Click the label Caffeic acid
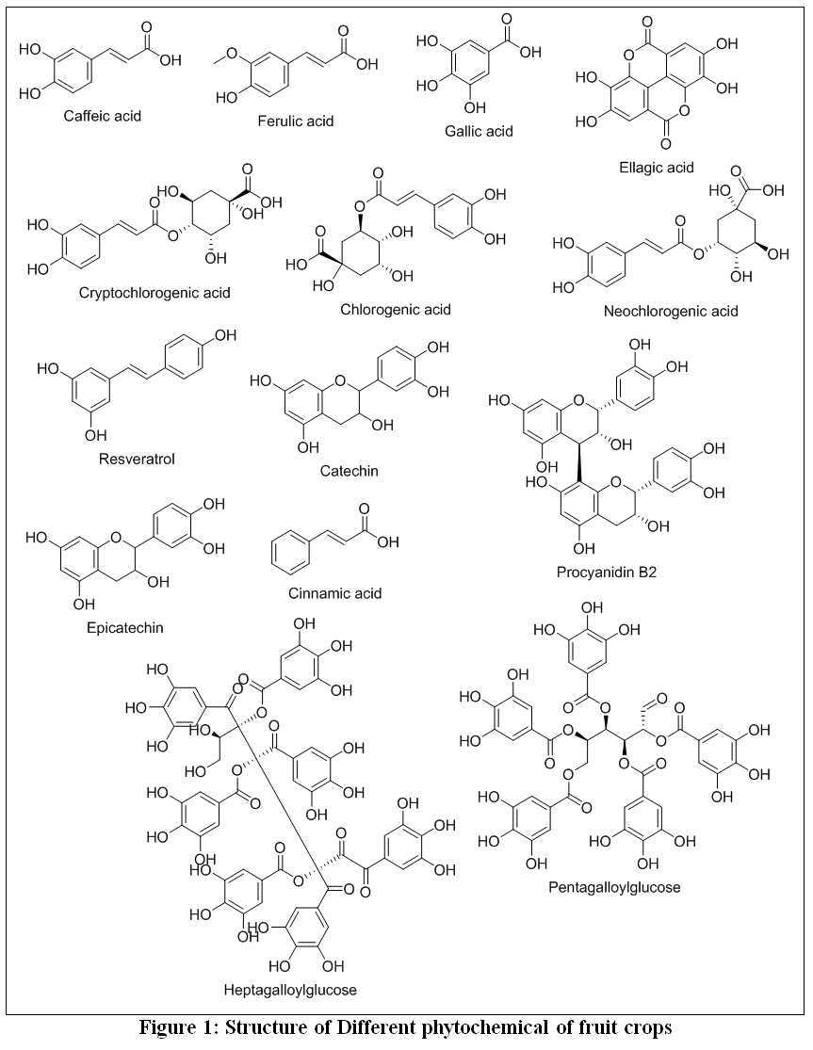coord(103,116)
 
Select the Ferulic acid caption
coord(295,121)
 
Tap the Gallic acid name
coord(479,131)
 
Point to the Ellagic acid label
coord(657,168)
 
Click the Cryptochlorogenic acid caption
coord(154,293)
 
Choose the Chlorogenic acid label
coord(395,310)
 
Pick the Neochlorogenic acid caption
coord(671,312)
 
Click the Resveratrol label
coord(137,460)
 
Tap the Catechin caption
coord(349,472)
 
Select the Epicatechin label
coord(125,628)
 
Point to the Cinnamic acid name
coord(334,593)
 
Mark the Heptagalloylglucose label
coord(290,990)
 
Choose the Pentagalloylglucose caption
coord(614,888)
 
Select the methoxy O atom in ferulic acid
coord(230,54)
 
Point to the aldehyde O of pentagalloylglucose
coord(661,699)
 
